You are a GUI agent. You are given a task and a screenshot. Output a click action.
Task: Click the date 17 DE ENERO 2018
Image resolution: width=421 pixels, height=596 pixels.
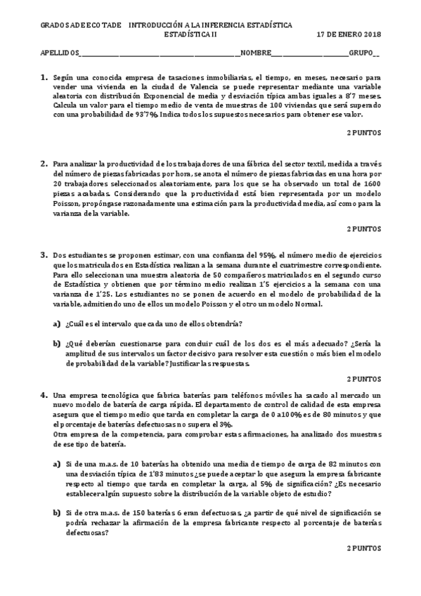(348, 33)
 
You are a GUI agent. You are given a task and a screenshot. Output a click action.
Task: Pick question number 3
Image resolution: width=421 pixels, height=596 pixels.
(44, 254)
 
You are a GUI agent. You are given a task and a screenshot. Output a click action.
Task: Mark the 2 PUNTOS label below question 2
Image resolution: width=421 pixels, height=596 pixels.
(364, 228)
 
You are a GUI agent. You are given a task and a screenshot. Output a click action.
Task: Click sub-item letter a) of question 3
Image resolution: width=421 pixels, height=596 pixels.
(58, 323)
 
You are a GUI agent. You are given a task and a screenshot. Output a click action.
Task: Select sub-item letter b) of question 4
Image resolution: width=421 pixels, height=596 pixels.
(58, 514)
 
